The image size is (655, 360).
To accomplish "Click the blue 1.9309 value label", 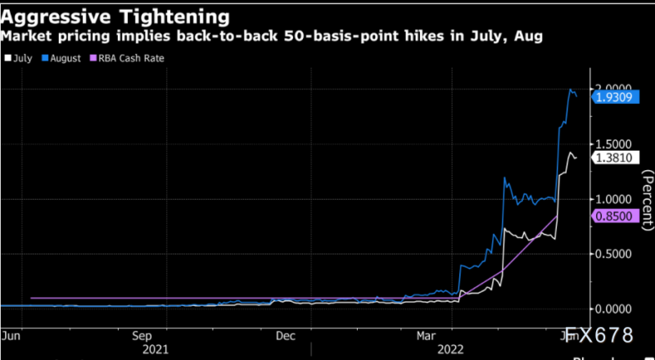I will (x=612, y=97).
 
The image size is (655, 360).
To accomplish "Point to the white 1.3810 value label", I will (x=612, y=156).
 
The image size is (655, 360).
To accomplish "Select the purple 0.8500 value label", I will (x=612, y=216).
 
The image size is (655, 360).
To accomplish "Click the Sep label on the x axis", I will (x=142, y=335).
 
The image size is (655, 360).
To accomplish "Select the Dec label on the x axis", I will (x=285, y=335).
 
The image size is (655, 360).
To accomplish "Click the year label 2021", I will (x=155, y=349).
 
